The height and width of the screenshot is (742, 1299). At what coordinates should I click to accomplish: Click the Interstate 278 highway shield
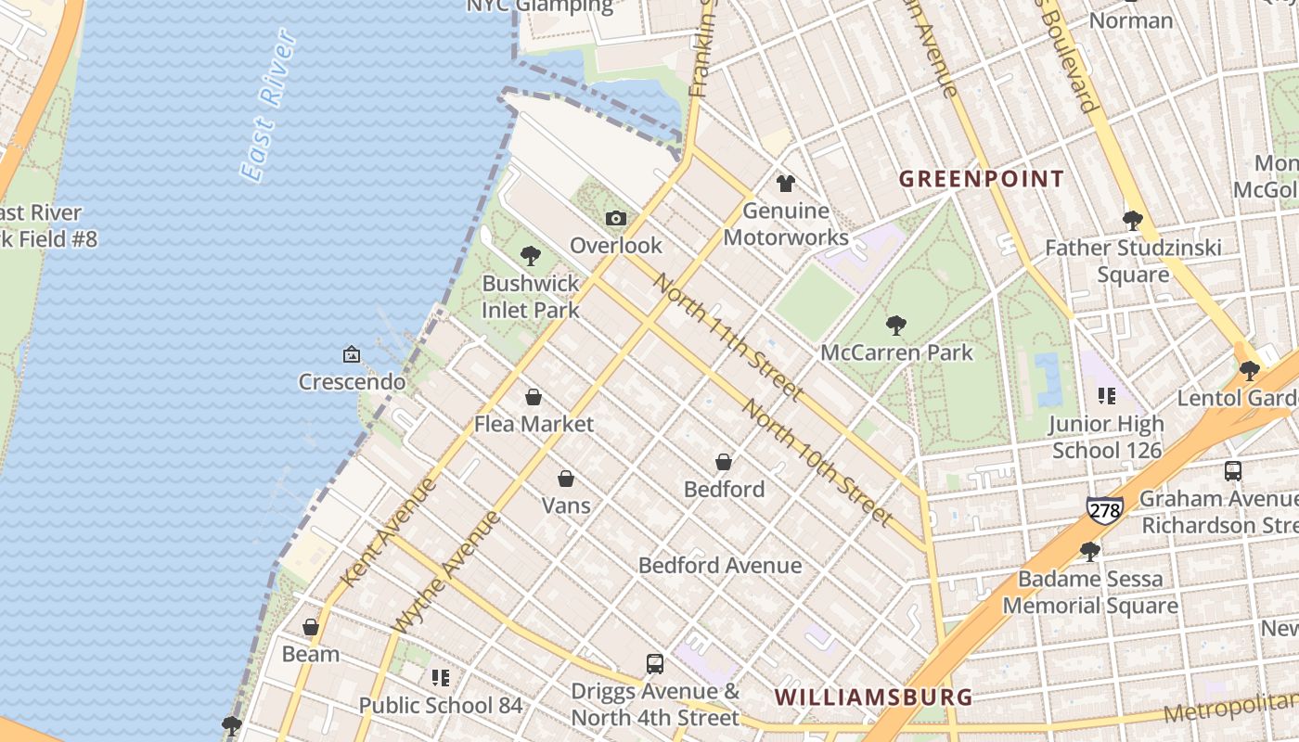(1105, 508)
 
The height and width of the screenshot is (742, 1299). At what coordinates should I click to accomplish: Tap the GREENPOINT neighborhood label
(982, 179)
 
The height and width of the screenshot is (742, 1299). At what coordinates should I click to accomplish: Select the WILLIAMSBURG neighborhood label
(873, 697)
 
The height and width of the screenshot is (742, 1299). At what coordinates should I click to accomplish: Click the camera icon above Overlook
(615, 219)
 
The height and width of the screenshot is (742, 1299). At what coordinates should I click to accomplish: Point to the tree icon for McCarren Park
(895, 325)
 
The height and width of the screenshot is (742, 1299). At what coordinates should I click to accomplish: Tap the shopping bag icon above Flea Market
(534, 397)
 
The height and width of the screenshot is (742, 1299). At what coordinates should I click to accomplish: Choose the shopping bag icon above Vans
(565, 479)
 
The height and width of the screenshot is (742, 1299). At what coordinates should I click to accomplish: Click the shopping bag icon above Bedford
(724, 462)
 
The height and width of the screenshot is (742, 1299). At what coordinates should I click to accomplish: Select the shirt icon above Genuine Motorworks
(786, 184)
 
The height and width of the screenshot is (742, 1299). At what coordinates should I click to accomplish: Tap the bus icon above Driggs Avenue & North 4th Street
(655, 664)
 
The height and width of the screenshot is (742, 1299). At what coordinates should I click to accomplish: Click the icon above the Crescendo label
(352, 354)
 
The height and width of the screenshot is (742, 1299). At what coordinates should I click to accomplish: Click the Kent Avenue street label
(387, 532)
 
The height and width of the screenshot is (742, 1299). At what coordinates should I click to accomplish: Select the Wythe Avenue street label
(446, 571)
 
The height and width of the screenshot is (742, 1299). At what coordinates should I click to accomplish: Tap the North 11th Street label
(728, 337)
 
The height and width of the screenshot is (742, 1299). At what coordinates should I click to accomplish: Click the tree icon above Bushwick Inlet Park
(531, 255)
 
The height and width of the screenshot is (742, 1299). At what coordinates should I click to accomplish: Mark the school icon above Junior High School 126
(1106, 396)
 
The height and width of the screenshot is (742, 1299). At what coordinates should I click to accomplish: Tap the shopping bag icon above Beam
(311, 627)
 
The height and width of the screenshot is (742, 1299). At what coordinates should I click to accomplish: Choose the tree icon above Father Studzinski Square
(1132, 220)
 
